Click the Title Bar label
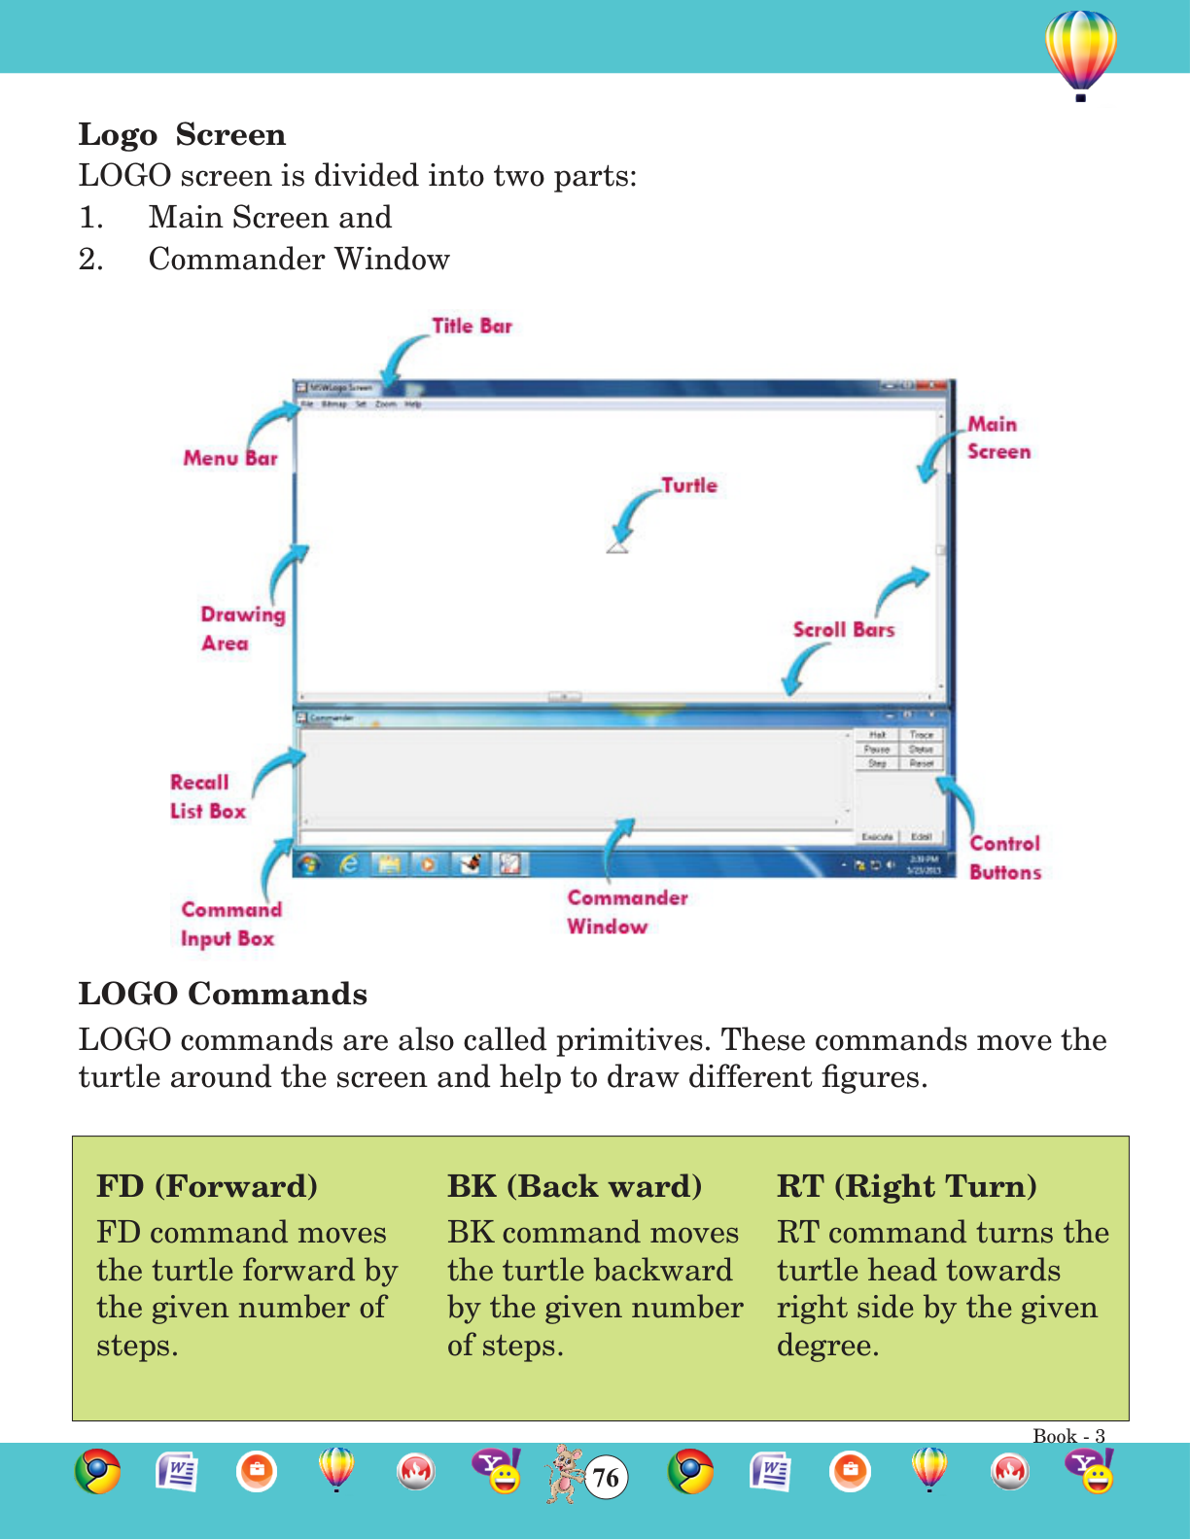[x=472, y=327]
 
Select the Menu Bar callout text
[x=230, y=458]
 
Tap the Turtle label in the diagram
[x=689, y=485]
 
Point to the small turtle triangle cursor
[x=617, y=547]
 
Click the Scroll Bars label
[x=843, y=630]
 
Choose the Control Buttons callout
[x=1004, y=857]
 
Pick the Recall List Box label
[x=207, y=796]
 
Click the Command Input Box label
[x=230, y=924]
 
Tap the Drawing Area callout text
[x=242, y=628]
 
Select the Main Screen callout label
[x=997, y=437]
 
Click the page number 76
[x=606, y=1478]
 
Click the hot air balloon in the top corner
[x=1080, y=53]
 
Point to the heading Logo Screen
[x=182, y=134]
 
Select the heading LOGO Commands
[x=223, y=994]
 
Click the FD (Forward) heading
[x=207, y=1186]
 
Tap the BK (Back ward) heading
[x=575, y=1186]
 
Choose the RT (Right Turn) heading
[x=906, y=1186]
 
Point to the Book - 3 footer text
[x=1068, y=1436]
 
